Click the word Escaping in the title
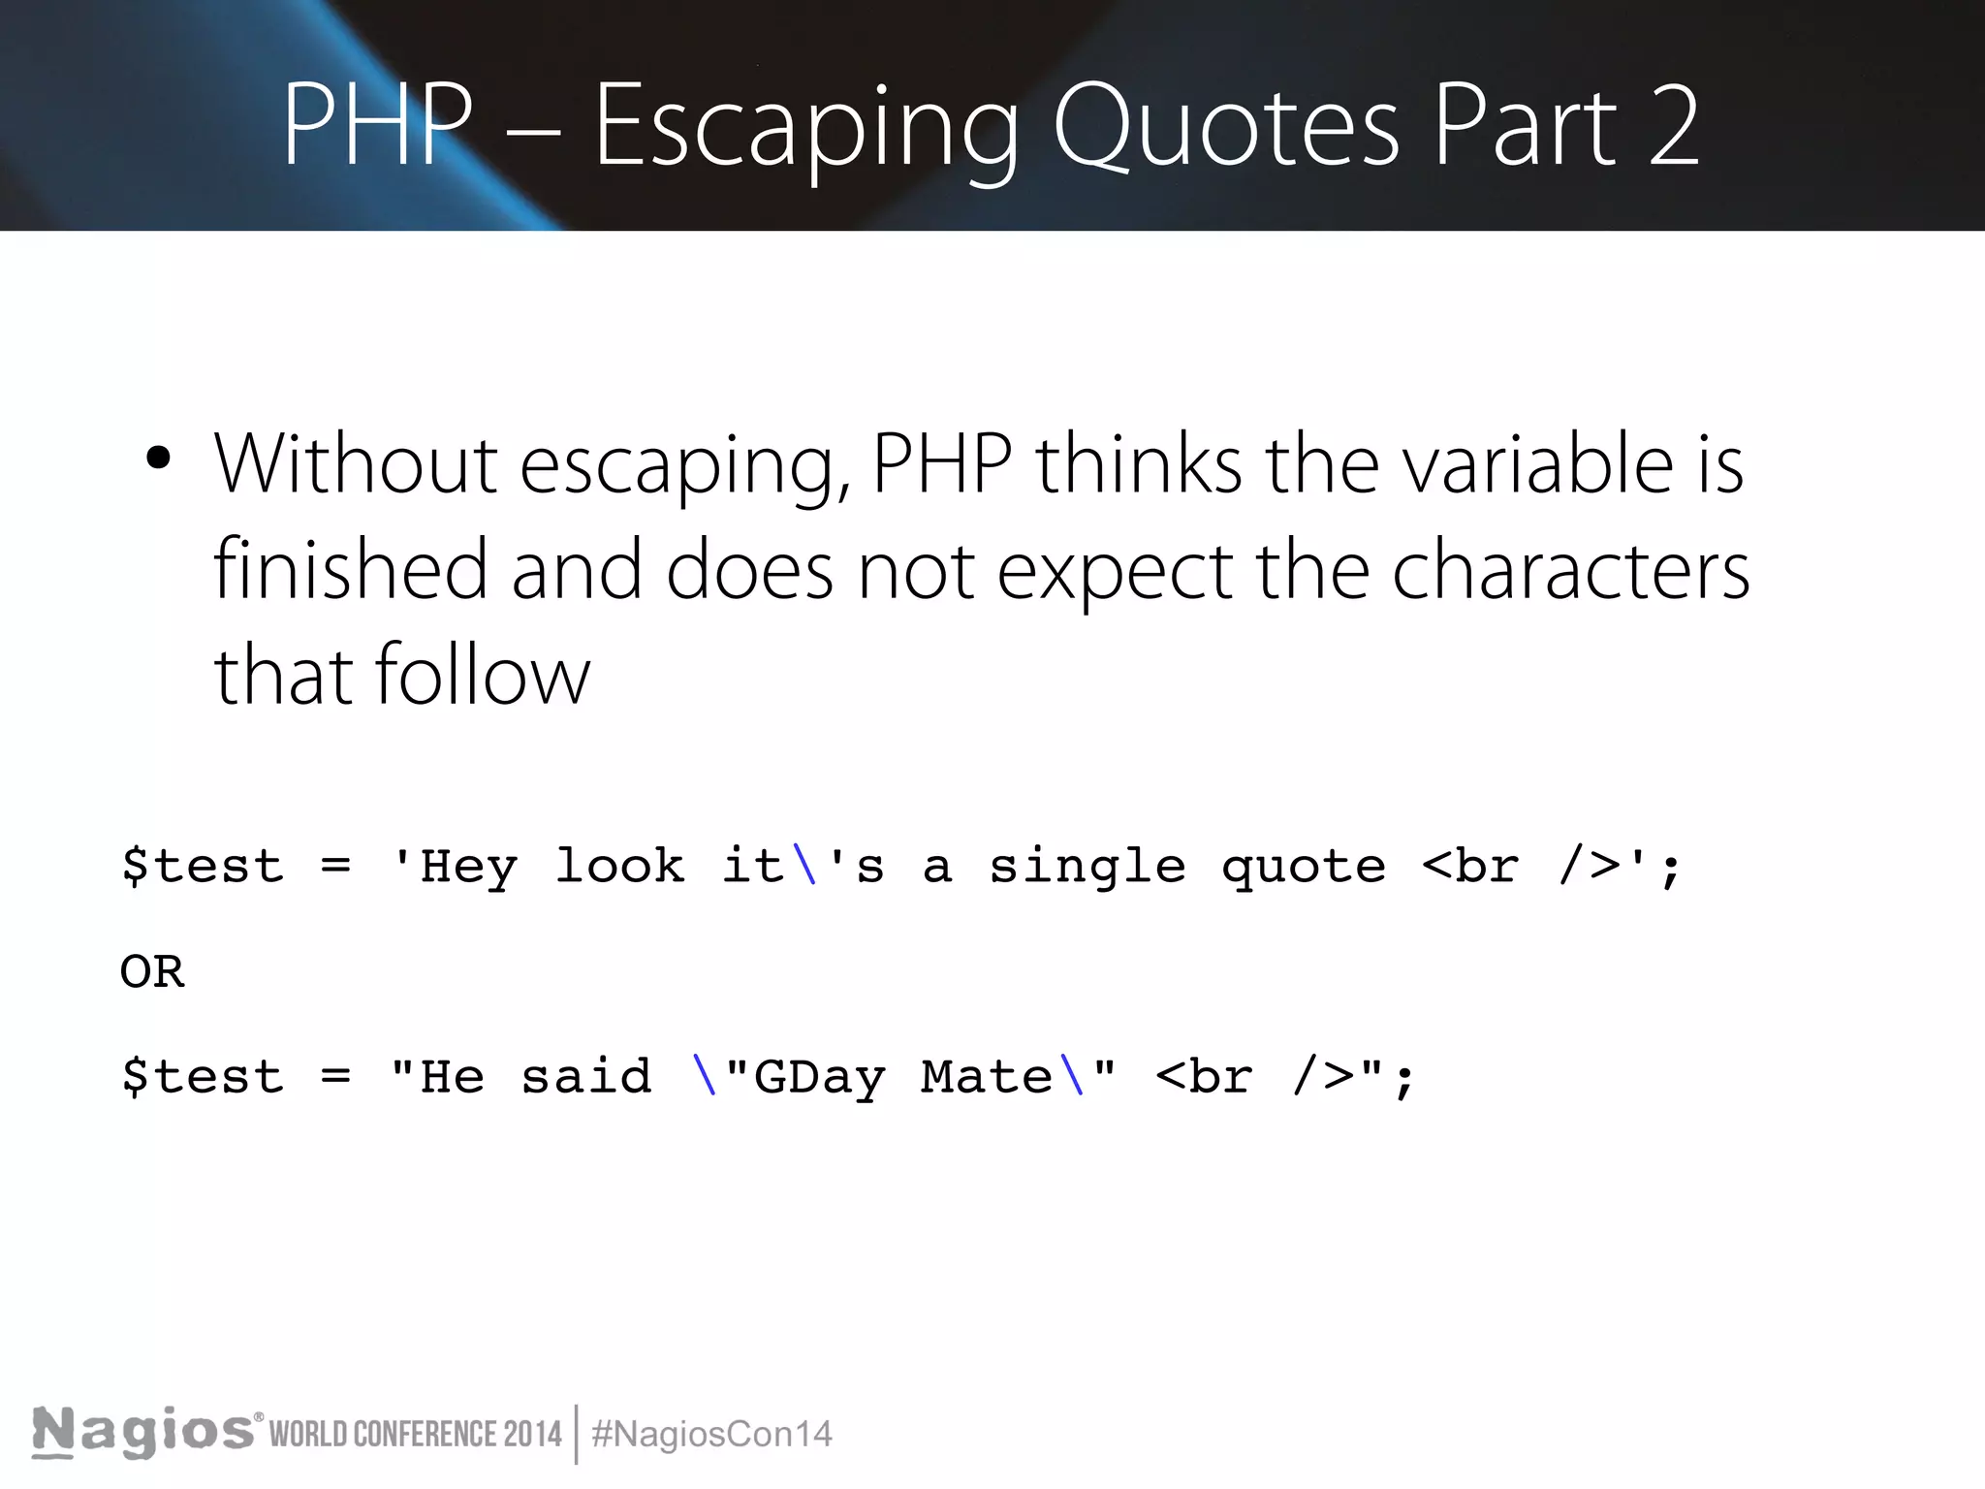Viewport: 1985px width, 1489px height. tap(805, 127)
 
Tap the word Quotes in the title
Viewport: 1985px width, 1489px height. tap(1226, 127)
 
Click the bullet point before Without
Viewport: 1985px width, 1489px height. tap(158, 459)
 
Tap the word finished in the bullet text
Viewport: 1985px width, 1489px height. tap(350, 569)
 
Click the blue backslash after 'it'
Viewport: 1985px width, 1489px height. tap(804, 865)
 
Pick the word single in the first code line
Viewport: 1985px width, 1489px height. tap(1087, 867)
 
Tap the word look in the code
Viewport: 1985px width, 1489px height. tap(619, 865)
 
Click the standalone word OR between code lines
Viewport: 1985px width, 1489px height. tap(152, 970)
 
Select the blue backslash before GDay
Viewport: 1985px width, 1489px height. tap(705, 1076)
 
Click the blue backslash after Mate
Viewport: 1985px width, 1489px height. tap(1072, 1076)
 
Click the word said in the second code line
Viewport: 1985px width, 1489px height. tap(586, 1076)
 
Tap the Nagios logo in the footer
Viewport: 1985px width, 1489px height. tap(143, 1432)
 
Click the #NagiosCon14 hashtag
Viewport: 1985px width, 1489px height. tap(711, 1434)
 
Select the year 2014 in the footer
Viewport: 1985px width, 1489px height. tap(533, 1434)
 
